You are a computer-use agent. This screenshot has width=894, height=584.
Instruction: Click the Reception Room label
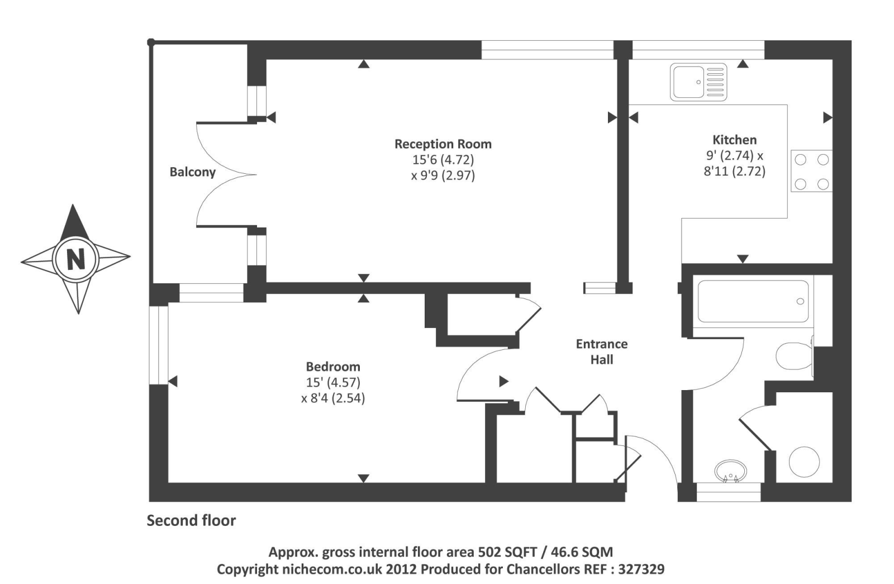coord(443,144)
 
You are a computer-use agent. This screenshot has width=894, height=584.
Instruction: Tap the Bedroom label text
coord(333,367)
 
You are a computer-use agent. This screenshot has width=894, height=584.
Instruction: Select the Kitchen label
coord(734,140)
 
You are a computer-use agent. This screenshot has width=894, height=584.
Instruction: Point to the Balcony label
coord(192,172)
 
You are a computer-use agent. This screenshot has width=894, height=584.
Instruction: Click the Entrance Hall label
coord(602,352)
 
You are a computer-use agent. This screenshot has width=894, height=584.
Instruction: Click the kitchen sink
coord(698,82)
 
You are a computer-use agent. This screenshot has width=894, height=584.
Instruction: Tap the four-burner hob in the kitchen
coord(811,172)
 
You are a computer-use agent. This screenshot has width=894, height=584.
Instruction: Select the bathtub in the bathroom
coord(753,301)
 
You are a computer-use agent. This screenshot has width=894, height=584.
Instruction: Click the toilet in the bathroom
coord(793,355)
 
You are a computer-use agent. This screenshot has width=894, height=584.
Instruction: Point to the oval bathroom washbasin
coord(730,471)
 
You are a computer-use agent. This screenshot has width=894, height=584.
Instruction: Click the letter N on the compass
coord(76,259)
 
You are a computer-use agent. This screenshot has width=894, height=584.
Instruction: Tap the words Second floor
coord(191,521)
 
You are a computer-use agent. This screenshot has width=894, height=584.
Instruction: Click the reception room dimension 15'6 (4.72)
coord(443,160)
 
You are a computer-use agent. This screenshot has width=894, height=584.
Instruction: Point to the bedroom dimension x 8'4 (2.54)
coord(333,398)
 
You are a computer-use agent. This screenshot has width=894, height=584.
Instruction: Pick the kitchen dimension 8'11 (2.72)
coord(734,171)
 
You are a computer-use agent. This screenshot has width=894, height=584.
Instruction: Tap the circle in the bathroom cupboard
coord(804,462)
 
